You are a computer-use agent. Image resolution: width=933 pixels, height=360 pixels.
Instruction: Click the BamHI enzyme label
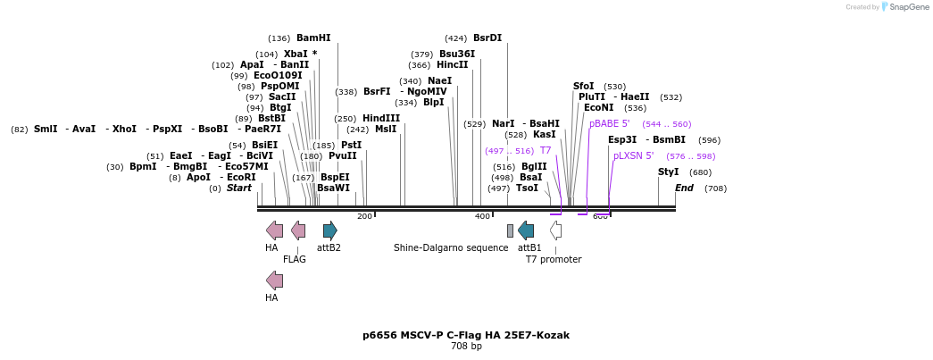tap(313, 38)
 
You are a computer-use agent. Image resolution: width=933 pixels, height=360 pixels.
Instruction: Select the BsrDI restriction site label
tap(487, 38)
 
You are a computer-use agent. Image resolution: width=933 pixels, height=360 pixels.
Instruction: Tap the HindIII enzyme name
tap(380, 119)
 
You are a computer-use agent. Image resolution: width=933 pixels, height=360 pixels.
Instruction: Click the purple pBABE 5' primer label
tap(609, 124)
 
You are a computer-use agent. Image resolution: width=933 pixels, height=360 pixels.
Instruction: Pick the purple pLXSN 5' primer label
tap(633, 156)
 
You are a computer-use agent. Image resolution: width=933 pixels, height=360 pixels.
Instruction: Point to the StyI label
tap(668, 172)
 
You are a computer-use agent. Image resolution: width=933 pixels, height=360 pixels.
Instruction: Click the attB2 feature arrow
tap(329, 230)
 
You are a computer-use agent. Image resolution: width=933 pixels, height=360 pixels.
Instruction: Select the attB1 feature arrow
tap(526, 230)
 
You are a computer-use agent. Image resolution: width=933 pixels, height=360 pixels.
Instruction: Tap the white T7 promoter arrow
tap(555, 230)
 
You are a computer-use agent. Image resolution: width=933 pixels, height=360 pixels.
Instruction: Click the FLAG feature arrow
tap(298, 230)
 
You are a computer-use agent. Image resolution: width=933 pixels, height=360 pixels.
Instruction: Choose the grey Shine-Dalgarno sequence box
tap(510, 230)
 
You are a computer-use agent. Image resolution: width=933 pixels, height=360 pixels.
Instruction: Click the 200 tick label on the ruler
tap(364, 217)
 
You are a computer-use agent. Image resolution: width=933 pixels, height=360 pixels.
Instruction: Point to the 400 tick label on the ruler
tap(482, 217)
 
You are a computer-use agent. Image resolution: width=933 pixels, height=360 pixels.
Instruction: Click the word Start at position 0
tap(238, 188)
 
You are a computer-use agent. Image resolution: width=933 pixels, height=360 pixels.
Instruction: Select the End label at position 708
tap(684, 188)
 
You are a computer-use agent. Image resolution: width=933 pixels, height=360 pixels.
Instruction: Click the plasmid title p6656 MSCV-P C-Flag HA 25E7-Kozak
tap(466, 336)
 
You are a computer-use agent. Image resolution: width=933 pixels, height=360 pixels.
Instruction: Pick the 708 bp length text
tap(466, 347)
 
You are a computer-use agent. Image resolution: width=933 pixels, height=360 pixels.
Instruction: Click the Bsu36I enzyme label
tap(457, 54)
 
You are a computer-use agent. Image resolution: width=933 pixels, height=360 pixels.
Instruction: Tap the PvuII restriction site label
tap(342, 156)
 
